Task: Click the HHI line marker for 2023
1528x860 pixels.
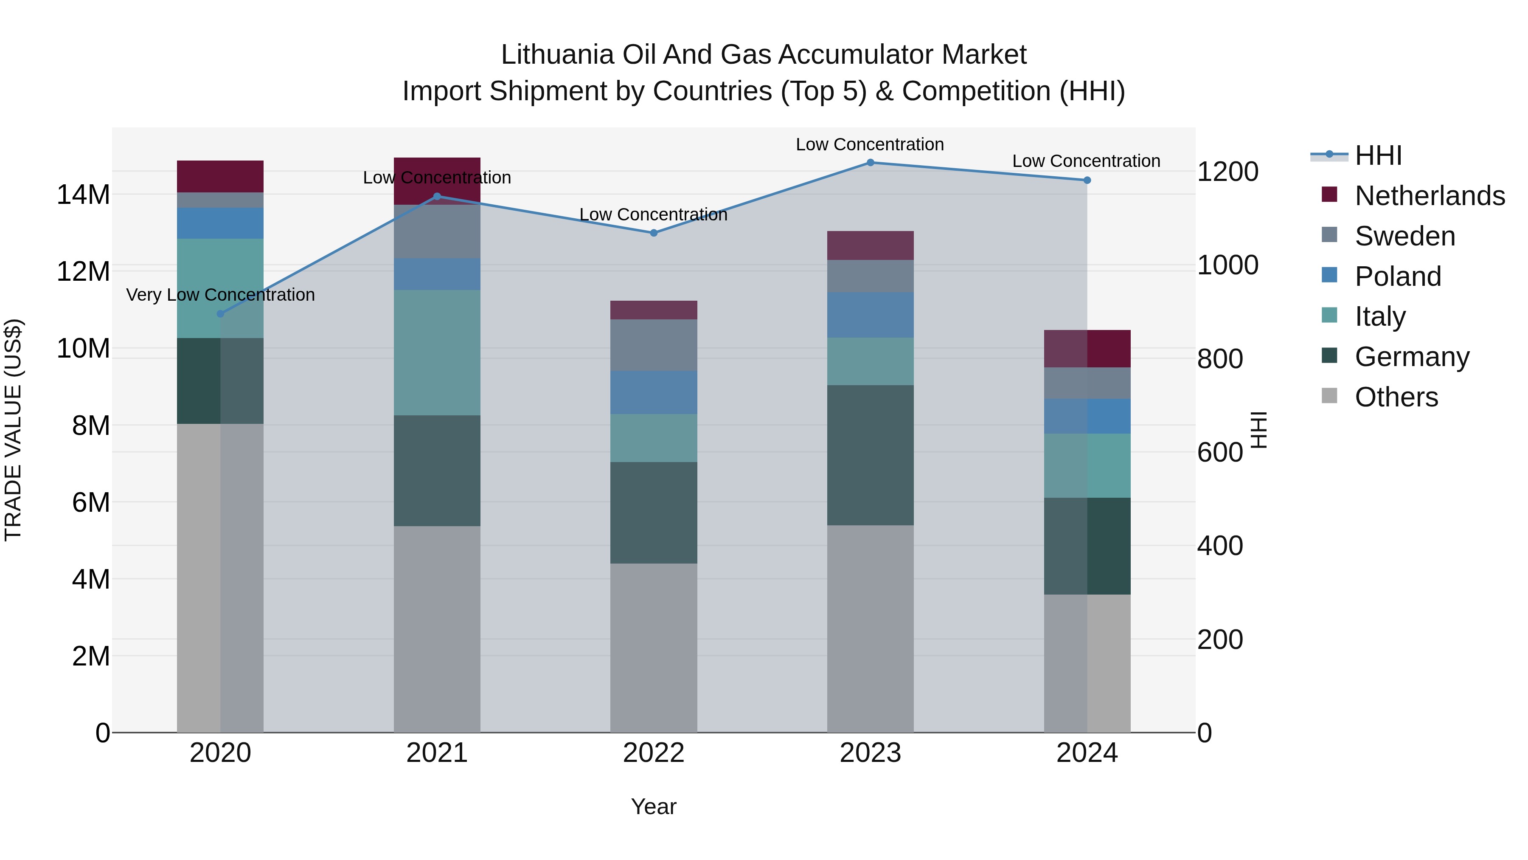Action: point(870,163)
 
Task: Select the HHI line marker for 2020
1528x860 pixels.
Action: point(221,314)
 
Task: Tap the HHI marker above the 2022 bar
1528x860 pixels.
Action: point(654,233)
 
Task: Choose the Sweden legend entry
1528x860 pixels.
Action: point(1404,236)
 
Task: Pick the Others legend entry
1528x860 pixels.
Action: point(1396,397)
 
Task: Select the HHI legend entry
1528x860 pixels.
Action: point(1378,155)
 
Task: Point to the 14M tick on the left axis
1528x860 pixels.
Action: point(83,195)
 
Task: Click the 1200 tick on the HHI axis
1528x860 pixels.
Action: point(1227,172)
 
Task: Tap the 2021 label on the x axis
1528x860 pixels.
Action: point(437,753)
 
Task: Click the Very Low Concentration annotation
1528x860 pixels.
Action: point(221,295)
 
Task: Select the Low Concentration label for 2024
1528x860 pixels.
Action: point(1086,161)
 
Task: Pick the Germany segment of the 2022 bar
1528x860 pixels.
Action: point(654,513)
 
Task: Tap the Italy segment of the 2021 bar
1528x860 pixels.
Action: point(437,352)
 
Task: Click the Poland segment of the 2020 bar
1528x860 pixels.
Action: point(221,223)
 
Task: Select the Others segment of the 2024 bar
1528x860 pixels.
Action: point(1087,663)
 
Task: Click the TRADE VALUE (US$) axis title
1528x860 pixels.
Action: point(13,430)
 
